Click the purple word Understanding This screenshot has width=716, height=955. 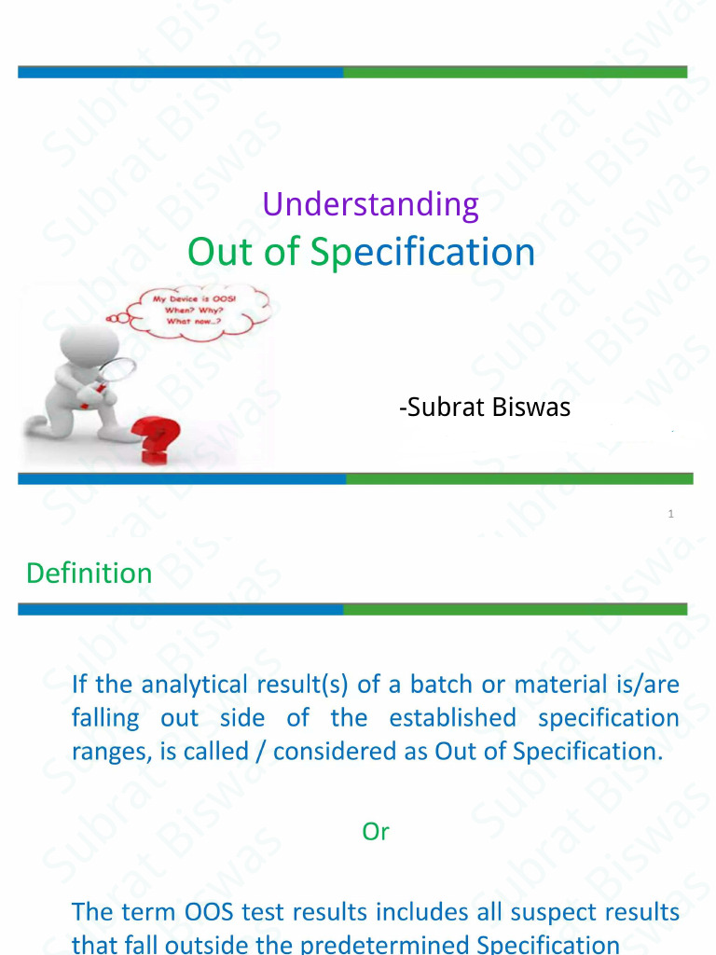point(370,204)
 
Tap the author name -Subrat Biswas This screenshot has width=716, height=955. point(484,408)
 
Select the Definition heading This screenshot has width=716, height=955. point(89,573)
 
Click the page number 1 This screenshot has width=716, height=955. point(671,514)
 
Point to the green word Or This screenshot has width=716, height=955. point(375,832)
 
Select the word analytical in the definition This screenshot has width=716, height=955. point(189,685)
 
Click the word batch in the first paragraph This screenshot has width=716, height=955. point(441,685)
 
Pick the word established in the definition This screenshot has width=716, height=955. point(452,718)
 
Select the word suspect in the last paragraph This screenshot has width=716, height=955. point(552,911)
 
